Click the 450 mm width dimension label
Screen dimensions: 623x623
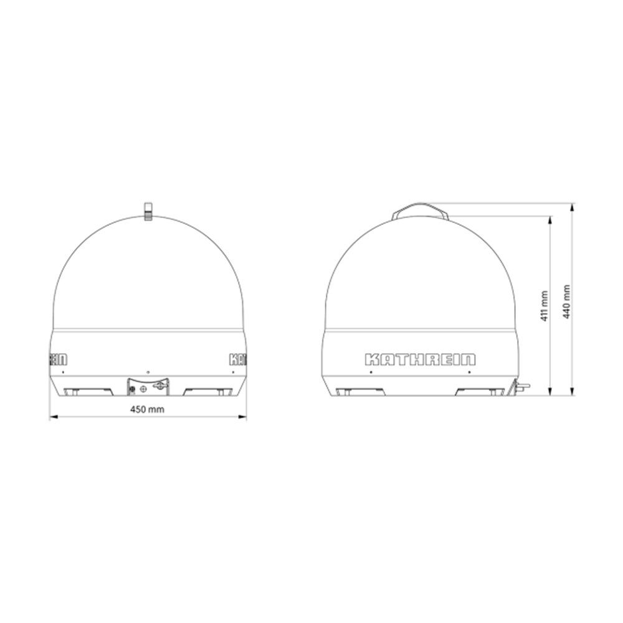[147, 409]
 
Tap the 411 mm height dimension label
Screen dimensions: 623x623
[545, 306]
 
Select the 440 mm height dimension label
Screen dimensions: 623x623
[566, 301]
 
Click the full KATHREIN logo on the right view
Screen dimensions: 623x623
[420, 359]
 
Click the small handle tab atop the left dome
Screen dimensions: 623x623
[148, 211]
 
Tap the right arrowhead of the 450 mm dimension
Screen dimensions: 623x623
[242, 417]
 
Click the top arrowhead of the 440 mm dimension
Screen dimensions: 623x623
[572, 208]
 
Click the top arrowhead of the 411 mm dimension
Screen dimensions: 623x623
[550, 221]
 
